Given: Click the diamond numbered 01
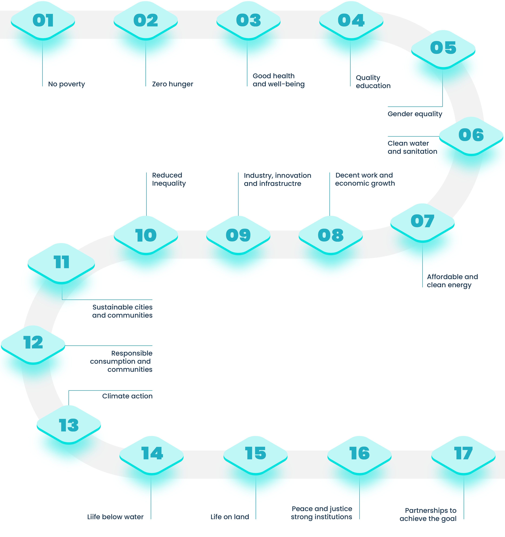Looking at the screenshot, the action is (x=43, y=21).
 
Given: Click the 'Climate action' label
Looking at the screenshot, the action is (x=127, y=396).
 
